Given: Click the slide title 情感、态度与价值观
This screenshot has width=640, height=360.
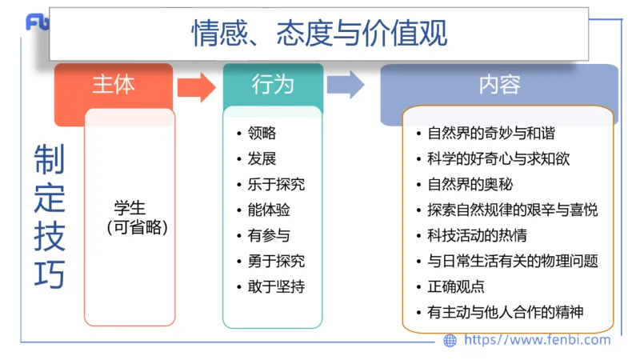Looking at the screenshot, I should pos(318,34).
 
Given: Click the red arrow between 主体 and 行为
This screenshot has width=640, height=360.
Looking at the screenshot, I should pos(196,86).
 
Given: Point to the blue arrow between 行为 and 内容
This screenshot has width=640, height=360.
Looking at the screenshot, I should pos(346,85).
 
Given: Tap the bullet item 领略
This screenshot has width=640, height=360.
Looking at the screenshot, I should pos(262,133).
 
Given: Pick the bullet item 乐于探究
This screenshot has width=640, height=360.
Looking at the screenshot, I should pos(276,184).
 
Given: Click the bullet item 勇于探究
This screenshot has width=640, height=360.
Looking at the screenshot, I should pos(276,261).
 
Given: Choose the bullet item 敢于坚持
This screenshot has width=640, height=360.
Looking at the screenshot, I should pos(276,286).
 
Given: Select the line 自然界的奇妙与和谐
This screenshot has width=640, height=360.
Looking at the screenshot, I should pos(491,134).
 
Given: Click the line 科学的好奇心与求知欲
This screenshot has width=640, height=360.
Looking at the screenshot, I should pos(498,159).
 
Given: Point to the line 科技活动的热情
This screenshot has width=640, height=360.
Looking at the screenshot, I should pos(477,235).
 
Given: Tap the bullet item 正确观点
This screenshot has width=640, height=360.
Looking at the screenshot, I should pos(456,286).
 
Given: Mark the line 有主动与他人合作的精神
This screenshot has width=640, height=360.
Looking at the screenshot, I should pos(506,312).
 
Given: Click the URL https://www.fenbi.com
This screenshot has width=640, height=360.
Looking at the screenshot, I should pos(537,340).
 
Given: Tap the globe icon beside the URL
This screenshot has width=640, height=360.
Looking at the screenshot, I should pos(450,341).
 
